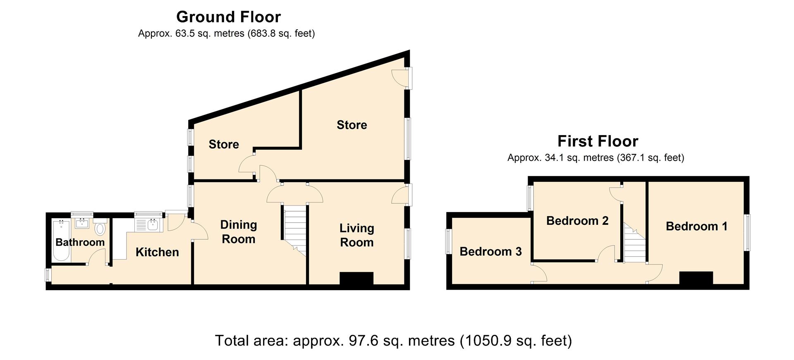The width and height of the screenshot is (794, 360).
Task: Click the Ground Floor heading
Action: click(228, 17)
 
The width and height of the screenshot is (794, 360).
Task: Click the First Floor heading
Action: click(598, 141)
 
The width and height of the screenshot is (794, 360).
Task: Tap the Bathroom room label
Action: click(80, 242)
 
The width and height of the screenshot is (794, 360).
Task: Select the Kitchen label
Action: click(157, 252)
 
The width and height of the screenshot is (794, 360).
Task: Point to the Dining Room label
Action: click(239, 232)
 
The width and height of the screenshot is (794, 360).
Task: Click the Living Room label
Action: click(357, 235)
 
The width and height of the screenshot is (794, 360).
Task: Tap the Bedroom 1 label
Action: click(696, 226)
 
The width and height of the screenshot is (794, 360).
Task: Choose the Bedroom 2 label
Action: click(577, 221)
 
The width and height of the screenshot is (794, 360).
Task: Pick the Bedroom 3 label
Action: click(490, 251)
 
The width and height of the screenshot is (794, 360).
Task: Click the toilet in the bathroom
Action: click(100, 228)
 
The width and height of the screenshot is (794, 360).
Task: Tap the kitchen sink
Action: click(148, 225)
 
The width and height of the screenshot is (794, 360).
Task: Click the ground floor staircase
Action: click(295, 231)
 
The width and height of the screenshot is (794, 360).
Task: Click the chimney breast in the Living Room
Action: click(356, 278)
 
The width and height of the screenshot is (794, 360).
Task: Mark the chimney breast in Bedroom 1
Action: click(696, 278)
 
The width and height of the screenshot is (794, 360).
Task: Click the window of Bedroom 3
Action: click(448, 241)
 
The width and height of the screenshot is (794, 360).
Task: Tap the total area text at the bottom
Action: click(393, 341)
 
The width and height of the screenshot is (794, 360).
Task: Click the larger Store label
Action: click(352, 125)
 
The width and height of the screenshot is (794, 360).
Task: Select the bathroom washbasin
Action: click(82, 224)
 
